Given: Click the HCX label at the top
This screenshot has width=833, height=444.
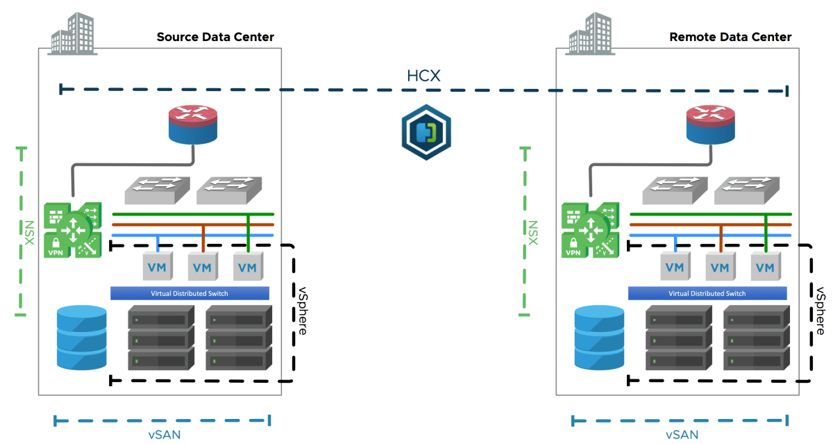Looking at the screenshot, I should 423,75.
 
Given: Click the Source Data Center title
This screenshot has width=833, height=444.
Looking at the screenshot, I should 215,37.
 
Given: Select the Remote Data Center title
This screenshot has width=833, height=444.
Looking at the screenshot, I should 730,37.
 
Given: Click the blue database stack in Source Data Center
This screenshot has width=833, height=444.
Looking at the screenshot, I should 83,337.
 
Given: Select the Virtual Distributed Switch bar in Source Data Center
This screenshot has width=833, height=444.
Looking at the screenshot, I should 190,293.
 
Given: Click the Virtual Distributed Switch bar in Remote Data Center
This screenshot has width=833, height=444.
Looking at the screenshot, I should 707,293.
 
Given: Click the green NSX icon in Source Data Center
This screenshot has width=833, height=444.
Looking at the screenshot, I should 72,229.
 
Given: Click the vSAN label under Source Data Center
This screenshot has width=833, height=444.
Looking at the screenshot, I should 162,435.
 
